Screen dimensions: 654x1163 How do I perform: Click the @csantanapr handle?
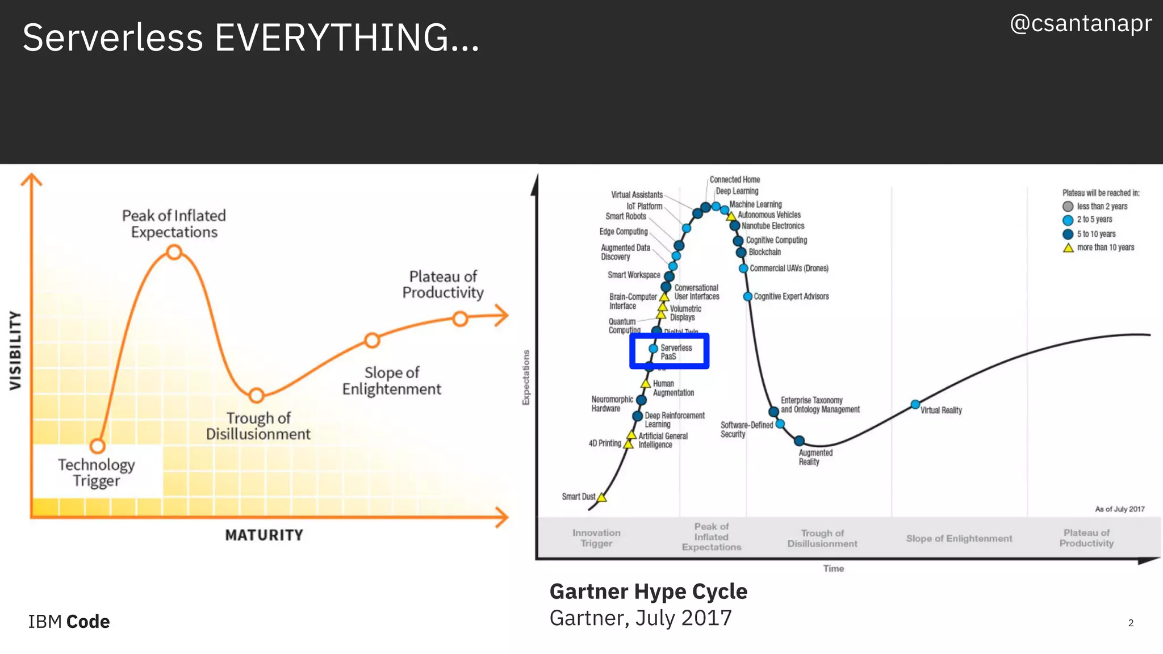point(1081,24)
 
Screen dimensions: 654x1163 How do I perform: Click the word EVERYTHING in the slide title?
point(347,37)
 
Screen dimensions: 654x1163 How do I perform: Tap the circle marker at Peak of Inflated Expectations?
point(174,252)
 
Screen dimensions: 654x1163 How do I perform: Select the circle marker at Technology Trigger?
point(98,446)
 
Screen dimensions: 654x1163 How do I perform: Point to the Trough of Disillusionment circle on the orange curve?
point(257,395)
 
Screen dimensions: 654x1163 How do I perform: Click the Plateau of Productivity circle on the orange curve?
point(460,318)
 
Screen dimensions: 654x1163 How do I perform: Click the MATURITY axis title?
point(264,535)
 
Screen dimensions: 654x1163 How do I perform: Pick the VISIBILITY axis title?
point(15,350)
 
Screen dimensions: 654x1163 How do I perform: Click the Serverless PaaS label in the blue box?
point(676,352)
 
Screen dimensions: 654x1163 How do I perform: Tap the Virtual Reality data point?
point(915,404)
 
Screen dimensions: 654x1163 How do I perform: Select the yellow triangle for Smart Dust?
point(602,498)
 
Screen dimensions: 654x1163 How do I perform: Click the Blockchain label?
point(764,252)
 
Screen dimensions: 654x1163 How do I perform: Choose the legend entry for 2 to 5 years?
point(1094,220)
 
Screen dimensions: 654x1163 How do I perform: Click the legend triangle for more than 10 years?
point(1068,248)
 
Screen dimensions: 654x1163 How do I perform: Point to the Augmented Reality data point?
point(799,441)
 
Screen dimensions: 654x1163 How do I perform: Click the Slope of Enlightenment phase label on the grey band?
point(959,538)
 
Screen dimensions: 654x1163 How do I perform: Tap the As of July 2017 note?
point(1119,509)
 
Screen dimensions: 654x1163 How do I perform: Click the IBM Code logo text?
point(69,622)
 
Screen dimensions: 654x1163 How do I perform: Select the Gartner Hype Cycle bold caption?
point(648,592)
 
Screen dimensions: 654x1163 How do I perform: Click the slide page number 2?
point(1131,623)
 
